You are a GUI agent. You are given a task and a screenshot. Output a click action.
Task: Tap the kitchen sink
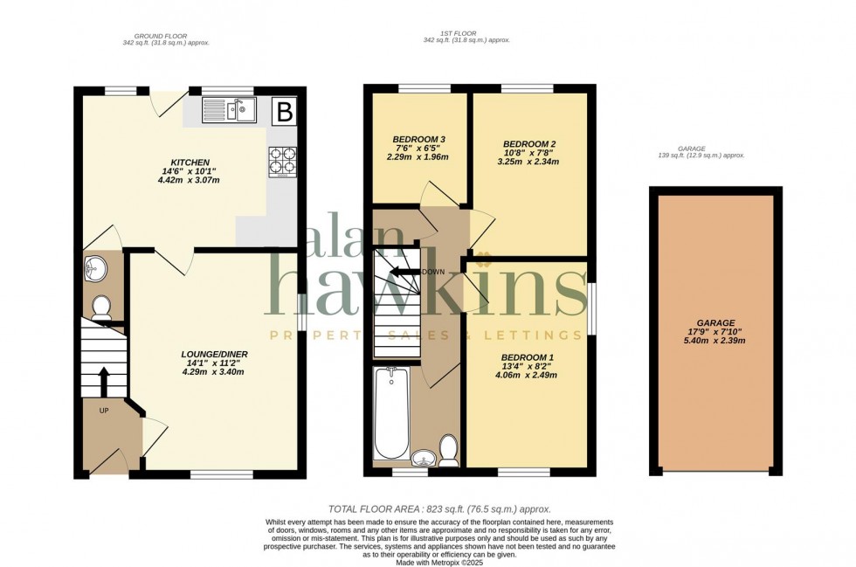click(228, 110)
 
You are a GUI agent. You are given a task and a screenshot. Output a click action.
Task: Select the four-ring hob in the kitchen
click(282, 162)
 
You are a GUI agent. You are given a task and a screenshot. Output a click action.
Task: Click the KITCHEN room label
click(190, 163)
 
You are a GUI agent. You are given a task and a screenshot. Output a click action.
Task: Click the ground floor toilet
click(101, 306)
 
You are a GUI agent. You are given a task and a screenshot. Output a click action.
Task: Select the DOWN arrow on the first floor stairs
click(404, 273)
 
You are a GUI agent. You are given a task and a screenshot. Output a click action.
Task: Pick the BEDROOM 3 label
click(418, 140)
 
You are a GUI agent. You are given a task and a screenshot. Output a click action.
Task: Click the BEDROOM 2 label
click(529, 144)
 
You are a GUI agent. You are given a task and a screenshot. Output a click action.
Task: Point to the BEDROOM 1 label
click(527, 358)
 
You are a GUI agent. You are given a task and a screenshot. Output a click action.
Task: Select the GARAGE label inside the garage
click(715, 322)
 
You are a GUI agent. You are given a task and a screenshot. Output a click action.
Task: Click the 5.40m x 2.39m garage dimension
click(715, 341)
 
